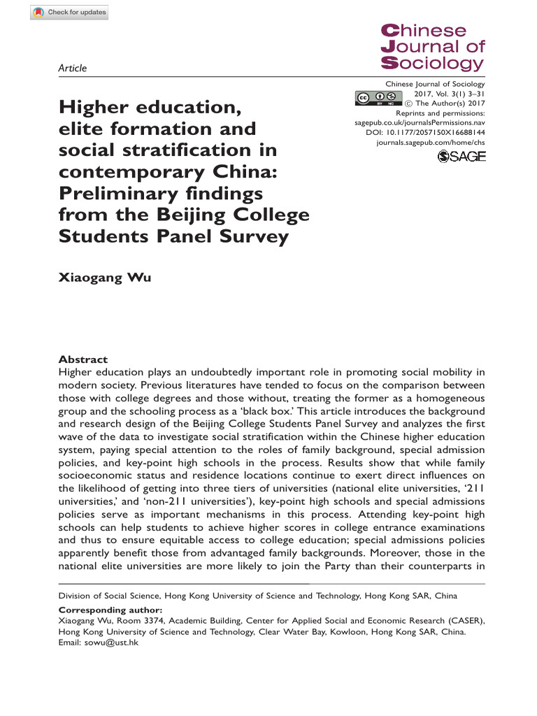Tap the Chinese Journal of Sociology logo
(x=432, y=48)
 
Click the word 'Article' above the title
(x=72, y=68)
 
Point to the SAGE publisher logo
(x=461, y=157)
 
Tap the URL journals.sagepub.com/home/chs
(x=429, y=141)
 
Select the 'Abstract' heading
(x=83, y=358)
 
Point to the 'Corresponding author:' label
(x=102, y=609)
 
